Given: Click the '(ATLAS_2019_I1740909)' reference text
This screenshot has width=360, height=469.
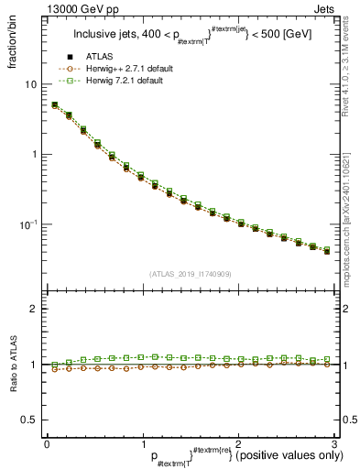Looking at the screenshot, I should pos(191,274).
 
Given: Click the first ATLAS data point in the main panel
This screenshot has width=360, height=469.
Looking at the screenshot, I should pos(54,106).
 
